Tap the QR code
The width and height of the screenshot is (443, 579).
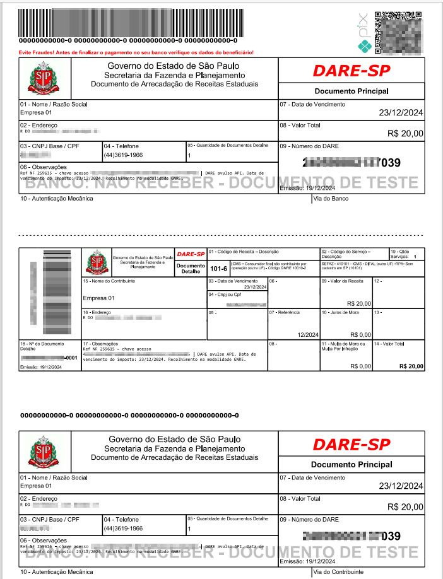coord(398,31)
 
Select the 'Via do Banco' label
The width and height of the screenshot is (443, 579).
coord(331,199)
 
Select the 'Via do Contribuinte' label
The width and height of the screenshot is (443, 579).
coord(339,571)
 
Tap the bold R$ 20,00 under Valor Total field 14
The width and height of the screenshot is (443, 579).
coord(411,366)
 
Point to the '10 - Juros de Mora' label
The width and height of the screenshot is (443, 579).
coord(340,312)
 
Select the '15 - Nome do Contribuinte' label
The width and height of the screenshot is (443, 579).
coord(109,281)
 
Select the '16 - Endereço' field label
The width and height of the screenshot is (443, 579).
coord(97,312)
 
